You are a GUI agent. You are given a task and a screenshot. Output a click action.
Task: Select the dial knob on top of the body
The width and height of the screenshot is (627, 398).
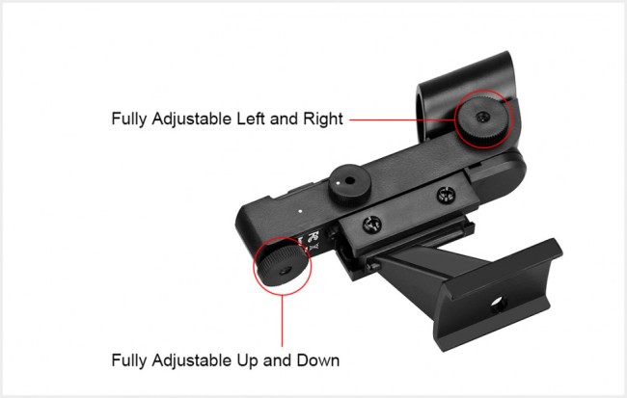click(x=349, y=185)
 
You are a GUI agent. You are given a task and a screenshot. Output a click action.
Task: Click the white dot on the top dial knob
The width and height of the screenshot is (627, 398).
click(x=340, y=183)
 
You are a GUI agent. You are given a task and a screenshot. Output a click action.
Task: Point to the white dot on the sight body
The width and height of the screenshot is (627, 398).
click(x=301, y=210)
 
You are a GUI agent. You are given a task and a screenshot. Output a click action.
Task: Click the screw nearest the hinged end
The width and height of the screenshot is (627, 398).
click(x=446, y=195)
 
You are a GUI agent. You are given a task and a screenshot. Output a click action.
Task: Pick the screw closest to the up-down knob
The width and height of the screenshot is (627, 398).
click(x=372, y=225)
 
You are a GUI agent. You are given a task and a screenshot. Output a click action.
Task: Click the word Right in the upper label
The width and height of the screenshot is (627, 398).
click(x=323, y=119)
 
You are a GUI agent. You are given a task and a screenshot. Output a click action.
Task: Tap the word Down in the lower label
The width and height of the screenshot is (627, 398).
click(x=318, y=360)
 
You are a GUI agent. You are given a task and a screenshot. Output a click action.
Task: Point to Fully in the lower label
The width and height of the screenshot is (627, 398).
click(x=129, y=360)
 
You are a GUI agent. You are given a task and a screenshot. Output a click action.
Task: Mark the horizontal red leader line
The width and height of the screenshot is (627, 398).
click(x=402, y=119)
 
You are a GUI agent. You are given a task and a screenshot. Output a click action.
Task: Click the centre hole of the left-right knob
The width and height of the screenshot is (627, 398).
click(x=482, y=118)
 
